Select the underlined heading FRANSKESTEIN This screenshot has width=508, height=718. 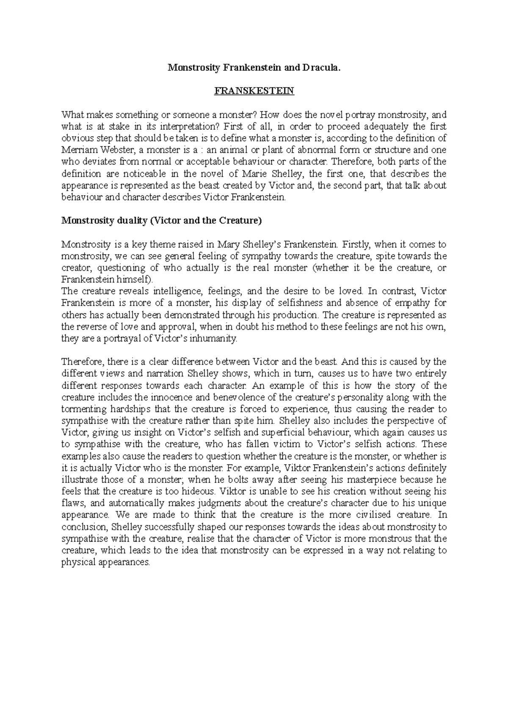[x=254, y=91]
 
